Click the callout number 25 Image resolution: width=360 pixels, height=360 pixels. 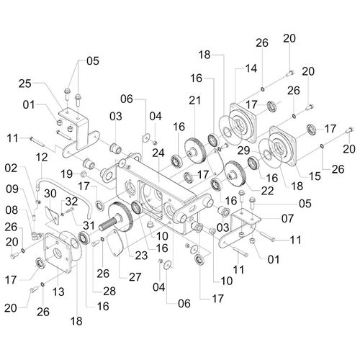[x=25, y=84]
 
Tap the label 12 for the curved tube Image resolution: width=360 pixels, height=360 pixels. [x=42, y=158]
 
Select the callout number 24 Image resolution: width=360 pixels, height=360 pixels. [x=158, y=153]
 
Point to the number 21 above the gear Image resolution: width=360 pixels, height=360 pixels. [x=194, y=100]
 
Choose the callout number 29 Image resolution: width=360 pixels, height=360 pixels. [x=243, y=150]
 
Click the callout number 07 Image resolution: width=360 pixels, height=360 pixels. [x=287, y=218]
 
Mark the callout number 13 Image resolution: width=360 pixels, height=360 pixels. [x=58, y=292]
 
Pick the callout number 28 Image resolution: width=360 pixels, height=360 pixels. [x=109, y=291]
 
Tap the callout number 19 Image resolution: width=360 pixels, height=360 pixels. [x=66, y=174]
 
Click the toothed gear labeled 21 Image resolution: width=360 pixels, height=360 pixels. [x=195, y=150]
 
